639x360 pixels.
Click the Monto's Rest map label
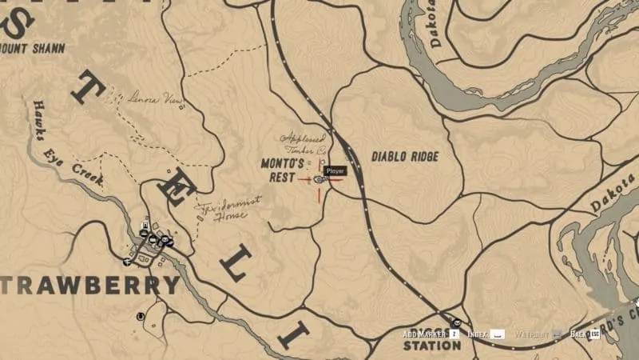pyautogui.click(x=284, y=170)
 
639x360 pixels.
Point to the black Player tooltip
pyautogui.click(x=335, y=170)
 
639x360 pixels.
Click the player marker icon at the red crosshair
pyautogui.click(x=319, y=179)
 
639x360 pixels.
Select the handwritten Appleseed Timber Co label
pyautogui.click(x=301, y=142)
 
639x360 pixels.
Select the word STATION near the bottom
pyautogui.click(x=432, y=346)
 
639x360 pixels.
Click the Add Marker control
pyautogui.click(x=422, y=334)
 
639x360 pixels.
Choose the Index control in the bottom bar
pyautogui.click(x=478, y=334)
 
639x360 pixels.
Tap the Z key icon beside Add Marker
pyautogui.click(x=453, y=334)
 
